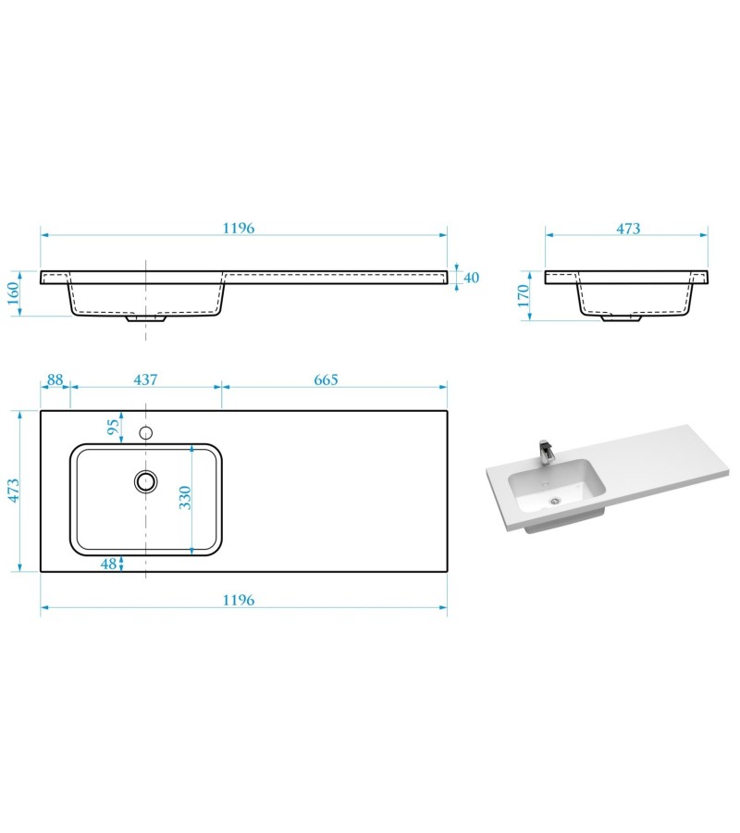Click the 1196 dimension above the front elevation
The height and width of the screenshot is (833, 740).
(x=238, y=228)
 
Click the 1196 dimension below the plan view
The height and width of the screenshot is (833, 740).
(x=238, y=600)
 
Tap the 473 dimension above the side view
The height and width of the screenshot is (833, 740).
(x=628, y=229)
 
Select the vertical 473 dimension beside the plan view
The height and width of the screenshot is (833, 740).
(x=14, y=490)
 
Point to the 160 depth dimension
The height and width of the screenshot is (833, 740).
(x=14, y=293)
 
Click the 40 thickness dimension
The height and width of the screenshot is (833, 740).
(x=471, y=278)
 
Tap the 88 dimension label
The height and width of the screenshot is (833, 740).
(x=55, y=379)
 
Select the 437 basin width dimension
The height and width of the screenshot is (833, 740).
(x=146, y=379)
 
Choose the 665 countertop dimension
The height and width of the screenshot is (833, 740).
(x=326, y=379)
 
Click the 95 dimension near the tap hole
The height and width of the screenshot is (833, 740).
(x=113, y=428)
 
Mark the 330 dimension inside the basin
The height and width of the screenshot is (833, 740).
(x=185, y=498)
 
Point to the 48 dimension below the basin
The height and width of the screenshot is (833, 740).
(x=109, y=564)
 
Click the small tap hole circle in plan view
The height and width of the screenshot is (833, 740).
(x=145, y=432)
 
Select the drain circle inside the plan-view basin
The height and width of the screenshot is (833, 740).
(x=145, y=479)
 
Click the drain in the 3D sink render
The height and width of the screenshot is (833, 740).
(x=555, y=500)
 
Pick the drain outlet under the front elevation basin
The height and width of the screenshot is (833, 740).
(x=146, y=319)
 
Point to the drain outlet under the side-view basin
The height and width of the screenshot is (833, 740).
(x=622, y=319)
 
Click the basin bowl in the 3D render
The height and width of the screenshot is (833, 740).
(x=555, y=486)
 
